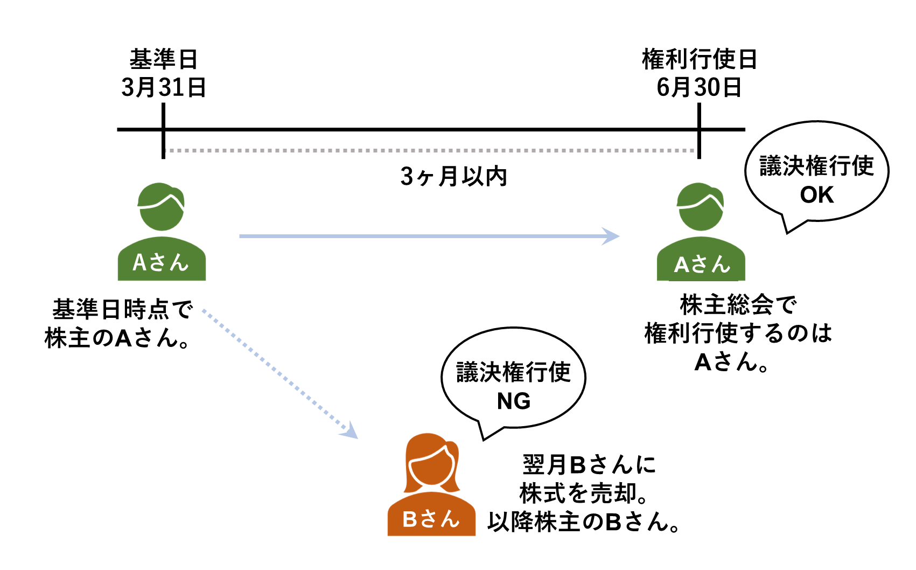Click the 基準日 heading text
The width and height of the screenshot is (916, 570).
[x=164, y=59]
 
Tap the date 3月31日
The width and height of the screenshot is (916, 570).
[x=164, y=87]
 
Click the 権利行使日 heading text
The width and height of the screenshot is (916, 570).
[x=699, y=59]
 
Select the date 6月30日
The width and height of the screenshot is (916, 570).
[x=699, y=87]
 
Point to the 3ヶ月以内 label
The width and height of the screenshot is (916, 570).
[x=453, y=176]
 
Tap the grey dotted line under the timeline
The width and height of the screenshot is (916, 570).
[x=431, y=151]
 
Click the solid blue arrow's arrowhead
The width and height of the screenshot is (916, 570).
[x=611, y=236]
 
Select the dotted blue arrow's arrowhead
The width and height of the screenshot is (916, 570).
[x=351, y=432]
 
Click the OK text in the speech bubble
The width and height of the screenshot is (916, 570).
[x=816, y=195]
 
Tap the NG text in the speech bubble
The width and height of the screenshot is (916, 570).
[x=513, y=401]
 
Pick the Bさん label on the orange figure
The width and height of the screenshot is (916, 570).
[x=431, y=519]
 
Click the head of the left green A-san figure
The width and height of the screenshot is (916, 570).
[x=162, y=207]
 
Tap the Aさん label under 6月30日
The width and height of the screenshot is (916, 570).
[x=701, y=265]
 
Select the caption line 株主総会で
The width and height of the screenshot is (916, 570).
[x=738, y=305]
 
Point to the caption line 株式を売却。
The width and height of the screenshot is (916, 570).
[x=584, y=493]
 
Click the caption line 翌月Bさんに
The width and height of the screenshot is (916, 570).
[x=589, y=464]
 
